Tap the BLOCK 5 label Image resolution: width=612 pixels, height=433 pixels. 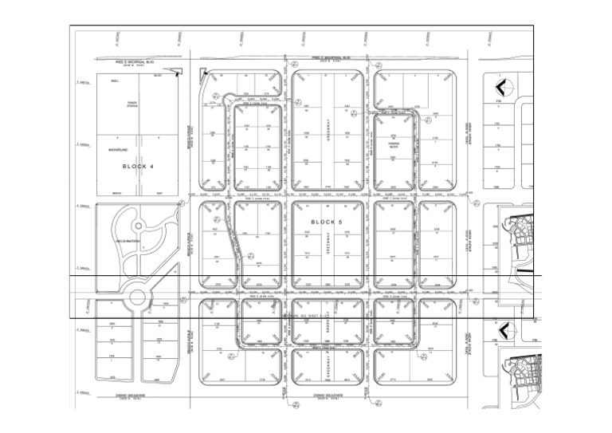click(x=325, y=221)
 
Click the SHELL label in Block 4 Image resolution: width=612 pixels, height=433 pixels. click(x=114, y=80)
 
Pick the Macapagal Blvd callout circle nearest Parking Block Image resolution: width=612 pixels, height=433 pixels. click(x=428, y=121)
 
